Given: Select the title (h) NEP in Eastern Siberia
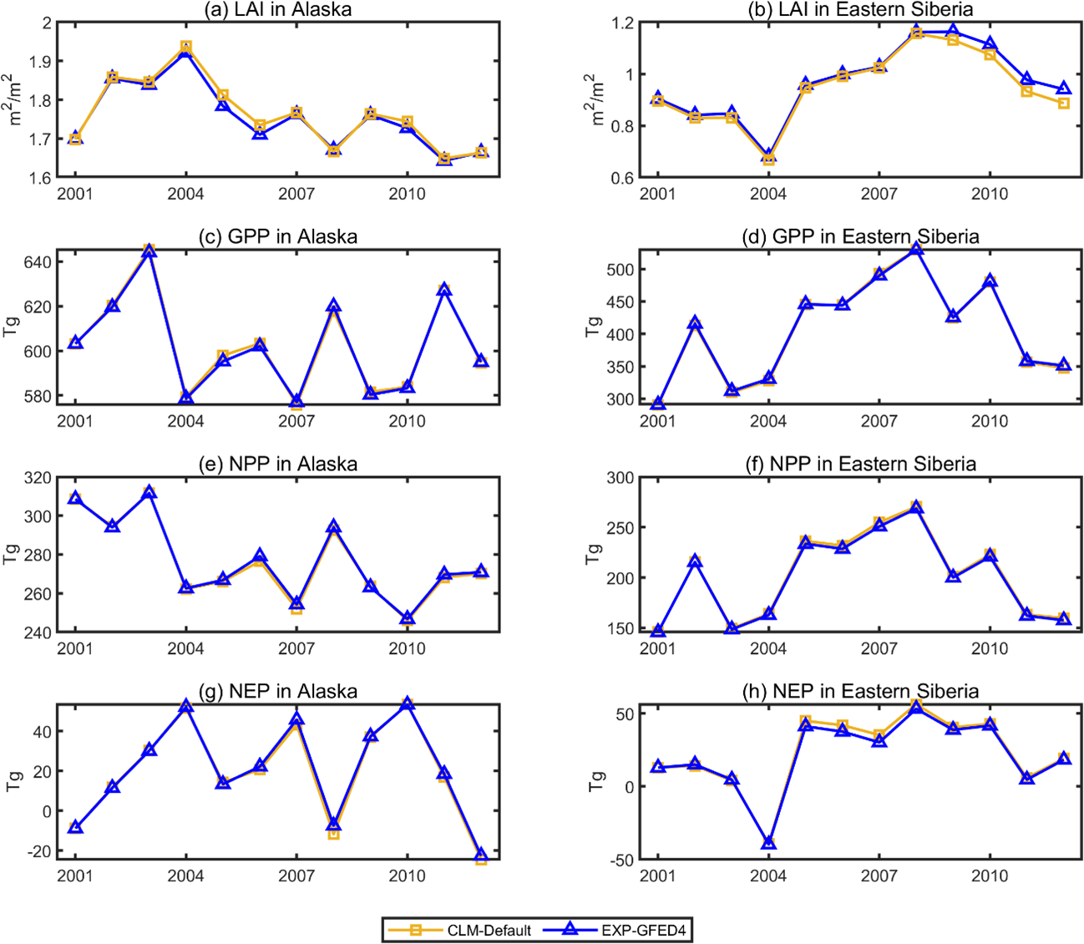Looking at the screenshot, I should [860, 692].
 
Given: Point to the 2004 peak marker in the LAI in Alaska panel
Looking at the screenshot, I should [185, 48].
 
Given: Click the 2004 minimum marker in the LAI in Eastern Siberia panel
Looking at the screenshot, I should [768, 157].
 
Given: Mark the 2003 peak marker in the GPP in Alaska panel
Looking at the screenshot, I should [149, 251].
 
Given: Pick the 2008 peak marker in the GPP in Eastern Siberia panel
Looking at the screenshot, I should [916, 248].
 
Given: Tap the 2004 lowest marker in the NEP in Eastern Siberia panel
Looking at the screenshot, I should [768, 842].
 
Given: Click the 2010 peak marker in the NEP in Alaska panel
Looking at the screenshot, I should [407, 704].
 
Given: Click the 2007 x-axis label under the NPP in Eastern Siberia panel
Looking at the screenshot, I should [879, 648].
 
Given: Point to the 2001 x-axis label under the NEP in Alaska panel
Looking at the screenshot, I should [75, 875].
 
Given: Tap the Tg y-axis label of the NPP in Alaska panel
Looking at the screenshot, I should [12, 554].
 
